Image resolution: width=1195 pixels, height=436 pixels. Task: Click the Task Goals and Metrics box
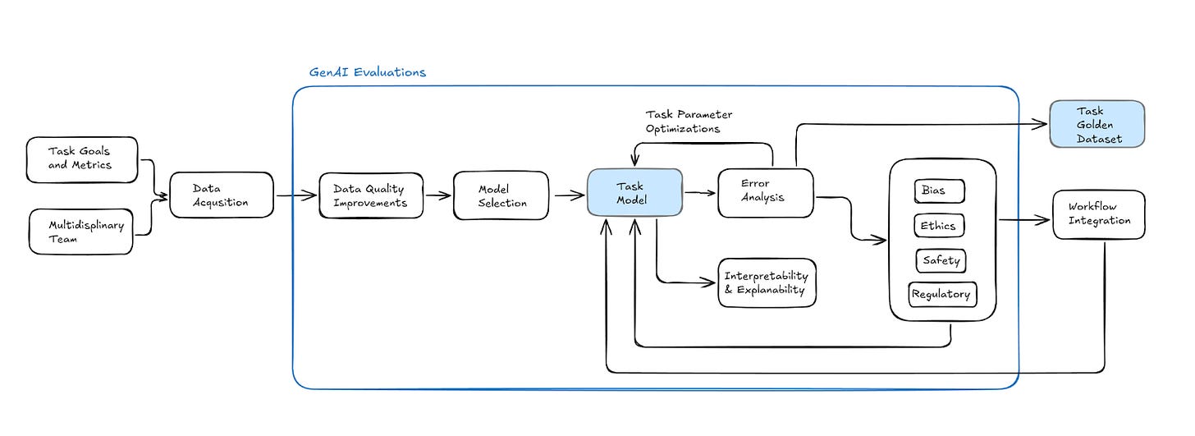[82, 159]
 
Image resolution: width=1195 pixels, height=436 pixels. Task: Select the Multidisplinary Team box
[81, 232]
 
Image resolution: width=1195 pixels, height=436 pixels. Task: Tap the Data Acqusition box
[222, 195]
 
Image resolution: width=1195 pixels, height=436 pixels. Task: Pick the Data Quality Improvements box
[371, 195]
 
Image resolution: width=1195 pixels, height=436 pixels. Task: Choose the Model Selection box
[501, 195]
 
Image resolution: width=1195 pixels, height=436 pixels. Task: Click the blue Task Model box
[635, 193]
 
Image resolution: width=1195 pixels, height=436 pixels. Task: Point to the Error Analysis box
[766, 193]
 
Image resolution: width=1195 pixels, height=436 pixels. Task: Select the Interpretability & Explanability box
[767, 282]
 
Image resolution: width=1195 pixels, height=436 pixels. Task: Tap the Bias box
[940, 191]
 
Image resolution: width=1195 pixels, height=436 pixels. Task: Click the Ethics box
[939, 225]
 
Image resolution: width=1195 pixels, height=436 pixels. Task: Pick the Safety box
[941, 260]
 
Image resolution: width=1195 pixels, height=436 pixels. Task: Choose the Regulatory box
[943, 295]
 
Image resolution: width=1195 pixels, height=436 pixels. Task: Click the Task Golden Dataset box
[1097, 124]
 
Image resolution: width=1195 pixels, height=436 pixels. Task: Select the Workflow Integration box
[1099, 214]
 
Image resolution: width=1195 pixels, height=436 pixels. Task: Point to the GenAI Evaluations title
[368, 72]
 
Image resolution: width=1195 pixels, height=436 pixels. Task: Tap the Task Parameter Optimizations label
[689, 122]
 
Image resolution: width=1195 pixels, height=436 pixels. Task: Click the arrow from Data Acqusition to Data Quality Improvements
[296, 195]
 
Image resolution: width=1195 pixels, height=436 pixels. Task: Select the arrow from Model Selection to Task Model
[570, 195]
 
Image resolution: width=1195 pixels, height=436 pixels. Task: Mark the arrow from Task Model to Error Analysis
[700, 192]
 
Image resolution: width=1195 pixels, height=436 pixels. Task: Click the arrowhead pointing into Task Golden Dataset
[1039, 124]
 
